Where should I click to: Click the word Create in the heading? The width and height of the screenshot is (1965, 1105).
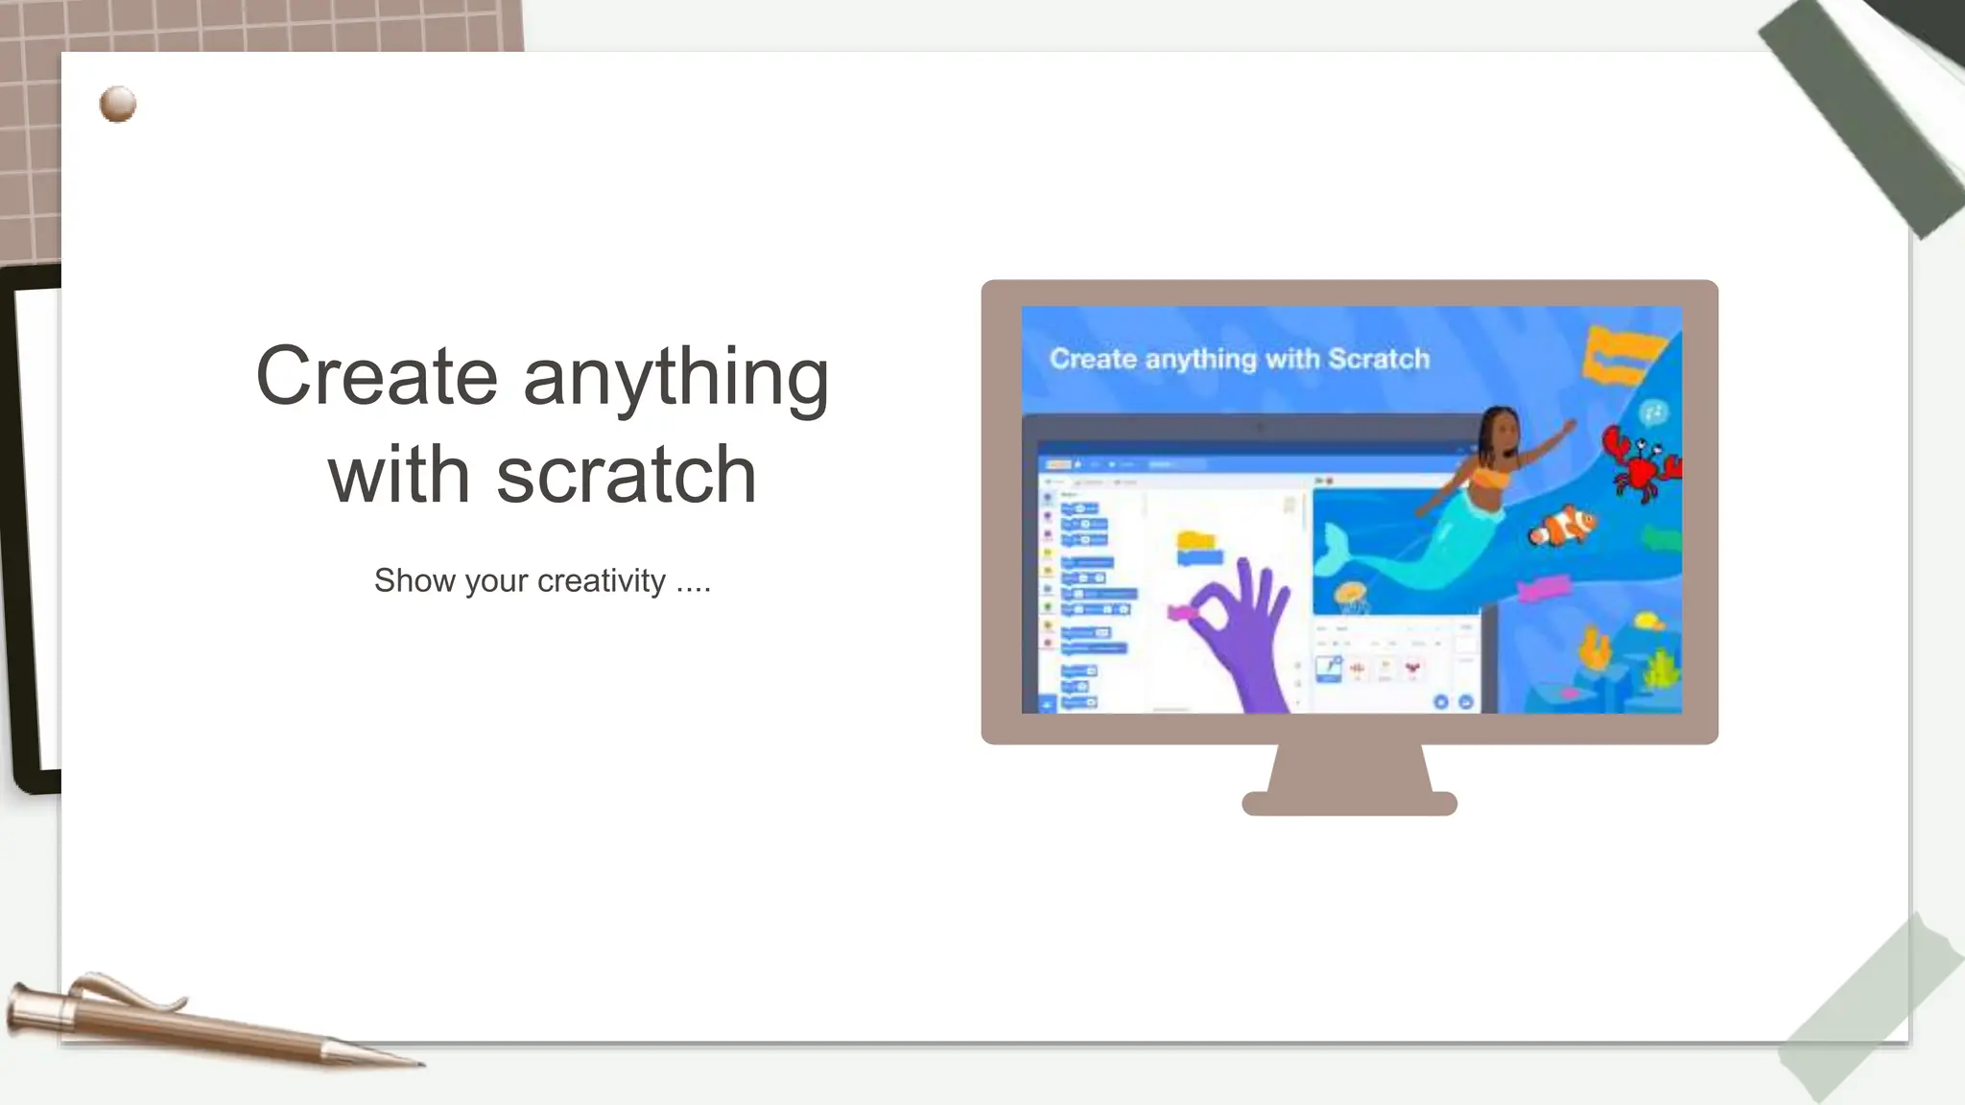[375, 376]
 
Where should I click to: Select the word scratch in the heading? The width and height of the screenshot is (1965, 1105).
[626, 476]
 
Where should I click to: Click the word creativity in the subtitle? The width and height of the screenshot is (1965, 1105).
[601, 581]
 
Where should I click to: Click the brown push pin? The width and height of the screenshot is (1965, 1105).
[117, 104]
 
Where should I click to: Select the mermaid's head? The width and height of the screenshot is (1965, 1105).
[1500, 434]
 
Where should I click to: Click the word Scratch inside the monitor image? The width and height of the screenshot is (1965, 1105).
[1379, 359]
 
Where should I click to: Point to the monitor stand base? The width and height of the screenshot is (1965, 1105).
[1349, 803]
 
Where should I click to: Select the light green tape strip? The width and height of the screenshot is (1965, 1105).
[1871, 1007]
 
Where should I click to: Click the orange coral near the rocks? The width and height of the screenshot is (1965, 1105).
[1595, 647]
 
